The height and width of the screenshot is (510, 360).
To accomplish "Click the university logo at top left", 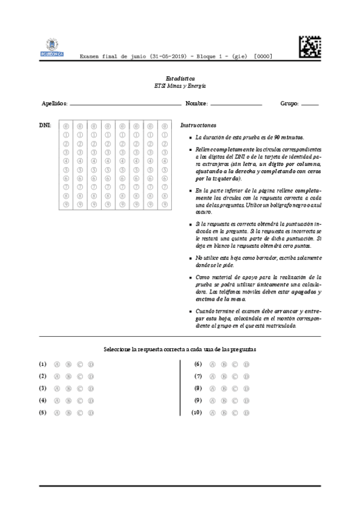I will click(x=52, y=46).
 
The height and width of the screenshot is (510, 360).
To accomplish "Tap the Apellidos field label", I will click(x=54, y=103).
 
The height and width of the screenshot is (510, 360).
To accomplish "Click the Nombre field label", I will click(x=197, y=103).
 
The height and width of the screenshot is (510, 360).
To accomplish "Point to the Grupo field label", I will click(x=289, y=103).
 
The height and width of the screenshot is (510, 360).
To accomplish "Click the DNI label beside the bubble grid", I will click(x=44, y=125).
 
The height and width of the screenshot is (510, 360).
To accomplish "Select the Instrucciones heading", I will click(x=198, y=125).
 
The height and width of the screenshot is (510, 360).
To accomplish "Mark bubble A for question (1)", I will click(x=58, y=364).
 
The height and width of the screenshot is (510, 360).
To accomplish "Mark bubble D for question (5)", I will click(x=91, y=413).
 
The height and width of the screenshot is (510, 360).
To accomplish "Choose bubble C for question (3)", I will click(x=80, y=389).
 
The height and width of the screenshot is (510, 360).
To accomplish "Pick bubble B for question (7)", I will click(x=224, y=376).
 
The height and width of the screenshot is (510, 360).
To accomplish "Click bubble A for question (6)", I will click(x=213, y=364).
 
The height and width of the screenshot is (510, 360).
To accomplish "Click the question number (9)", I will click(x=197, y=401).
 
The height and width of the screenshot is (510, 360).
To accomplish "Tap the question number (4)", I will click(x=43, y=401).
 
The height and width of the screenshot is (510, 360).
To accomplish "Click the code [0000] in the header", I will click(x=263, y=57).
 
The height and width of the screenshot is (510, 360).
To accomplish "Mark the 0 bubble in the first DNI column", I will click(x=66, y=126).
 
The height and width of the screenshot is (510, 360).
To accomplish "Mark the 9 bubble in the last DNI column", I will click(x=164, y=204).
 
